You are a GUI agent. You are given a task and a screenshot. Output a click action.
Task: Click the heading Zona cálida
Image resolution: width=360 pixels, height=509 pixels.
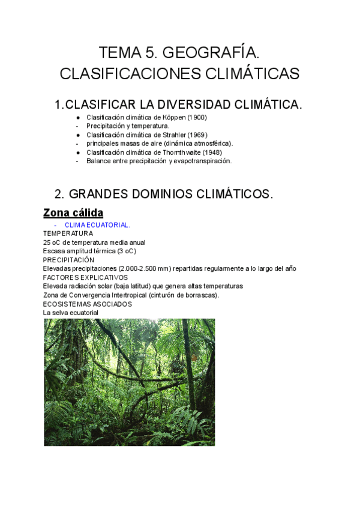tap(73, 212)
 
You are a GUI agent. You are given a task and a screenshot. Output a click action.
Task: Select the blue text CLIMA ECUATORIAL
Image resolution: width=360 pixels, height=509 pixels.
tap(97, 225)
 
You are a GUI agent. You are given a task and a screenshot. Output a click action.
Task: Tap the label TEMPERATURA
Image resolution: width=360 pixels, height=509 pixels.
tap(68, 233)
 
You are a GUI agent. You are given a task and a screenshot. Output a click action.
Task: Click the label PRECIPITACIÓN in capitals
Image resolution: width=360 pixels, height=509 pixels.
tap(68, 260)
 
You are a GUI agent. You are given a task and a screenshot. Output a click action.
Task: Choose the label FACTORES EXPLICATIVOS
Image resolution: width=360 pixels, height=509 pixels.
tap(85, 278)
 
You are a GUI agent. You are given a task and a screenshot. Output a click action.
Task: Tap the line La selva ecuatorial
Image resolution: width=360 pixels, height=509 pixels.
tap(70, 313)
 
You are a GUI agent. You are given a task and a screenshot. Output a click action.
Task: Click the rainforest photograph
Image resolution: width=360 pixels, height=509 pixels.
tap(129, 382)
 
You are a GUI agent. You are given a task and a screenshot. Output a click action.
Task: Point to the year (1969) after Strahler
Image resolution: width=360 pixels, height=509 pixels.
tap(197, 135)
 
